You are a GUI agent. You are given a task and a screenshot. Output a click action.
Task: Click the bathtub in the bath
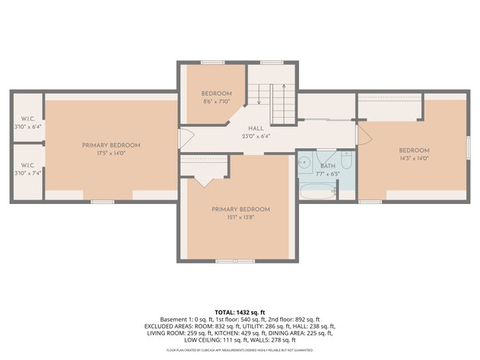(x=316, y=190)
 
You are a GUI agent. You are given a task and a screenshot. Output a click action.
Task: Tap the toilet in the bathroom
(x=346, y=161)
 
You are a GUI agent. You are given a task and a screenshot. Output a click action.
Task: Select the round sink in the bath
(x=304, y=161)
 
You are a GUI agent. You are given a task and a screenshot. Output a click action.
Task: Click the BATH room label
(x=327, y=165)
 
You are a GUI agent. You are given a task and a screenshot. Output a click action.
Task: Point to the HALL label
(x=256, y=129)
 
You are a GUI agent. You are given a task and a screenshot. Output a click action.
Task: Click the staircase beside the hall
(x=270, y=95)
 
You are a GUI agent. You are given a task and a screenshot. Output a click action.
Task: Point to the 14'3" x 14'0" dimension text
(x=414, y=158)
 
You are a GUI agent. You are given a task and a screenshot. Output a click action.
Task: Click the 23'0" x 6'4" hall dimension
(x=256, y=137)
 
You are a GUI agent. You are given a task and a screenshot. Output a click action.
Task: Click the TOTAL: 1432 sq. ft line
(x=240, y=312)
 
